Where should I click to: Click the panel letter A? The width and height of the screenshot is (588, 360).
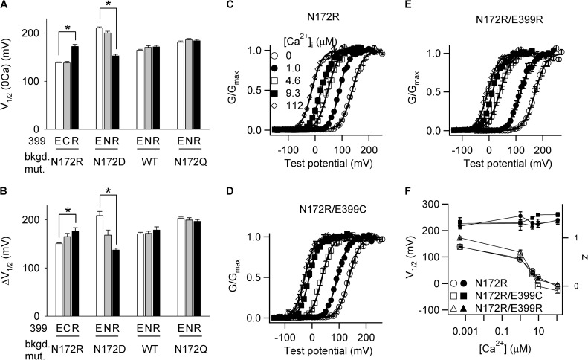(6, 7)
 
